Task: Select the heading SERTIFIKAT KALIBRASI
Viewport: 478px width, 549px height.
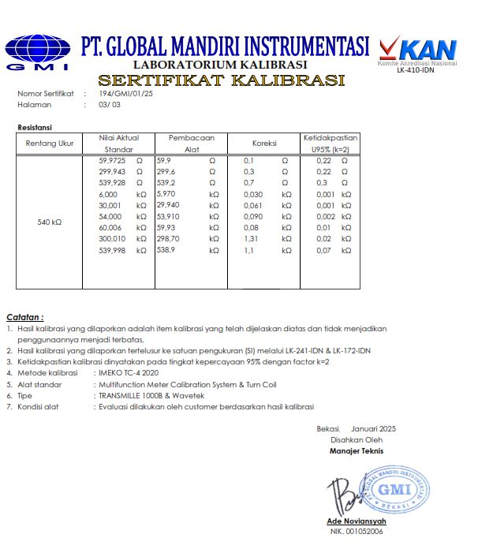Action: pyautogui.click(x=222, y=80)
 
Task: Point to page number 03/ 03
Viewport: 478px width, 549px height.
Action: pyautogui.click(x=110, y=104)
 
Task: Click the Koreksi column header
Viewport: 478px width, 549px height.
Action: pyautogui.click(x=263, y=144)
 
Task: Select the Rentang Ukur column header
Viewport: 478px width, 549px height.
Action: pyautogui.click(x=49, y=144)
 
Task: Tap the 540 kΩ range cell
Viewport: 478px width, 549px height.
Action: pyautogui.click(x=49, y=222)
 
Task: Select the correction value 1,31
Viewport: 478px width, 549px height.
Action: pyautogui.click(x=252, y=238)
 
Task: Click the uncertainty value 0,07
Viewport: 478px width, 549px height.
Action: pyautogui.click(x=323, y=250)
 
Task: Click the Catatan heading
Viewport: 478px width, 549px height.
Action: pyautogui.click(x=25, y=317)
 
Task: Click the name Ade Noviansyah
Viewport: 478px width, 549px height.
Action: pyautogui.click(x=357, y=522)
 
